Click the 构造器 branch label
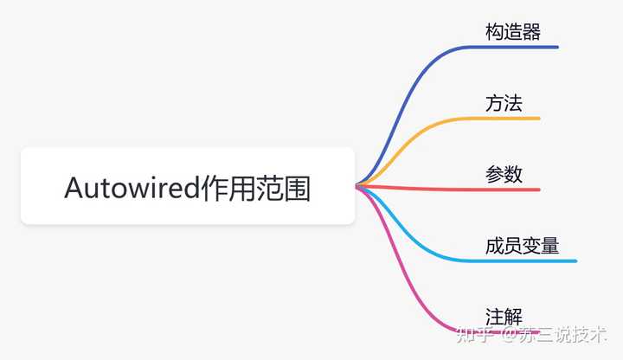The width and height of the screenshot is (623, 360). pyautogui.click(x=513, y=32)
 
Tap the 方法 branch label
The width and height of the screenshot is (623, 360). pyautogui.click(x=504, y=104)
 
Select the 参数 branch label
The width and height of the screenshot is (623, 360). pyautogui.click(x=504, y=174)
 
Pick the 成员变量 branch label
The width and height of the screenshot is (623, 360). pyautogui.click(x=522, y=246)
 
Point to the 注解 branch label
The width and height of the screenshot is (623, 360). pyautogui.click(x=504, y=317)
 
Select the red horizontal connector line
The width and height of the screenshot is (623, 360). pyautogui.click(x=450, y=188)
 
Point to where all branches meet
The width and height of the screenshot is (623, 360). pyautogui.click(x=357, y=185)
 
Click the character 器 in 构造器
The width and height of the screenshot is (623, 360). pyautogui.click(x=531, y=32)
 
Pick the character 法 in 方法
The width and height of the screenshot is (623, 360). pyautogui.click(x=513, y=104)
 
